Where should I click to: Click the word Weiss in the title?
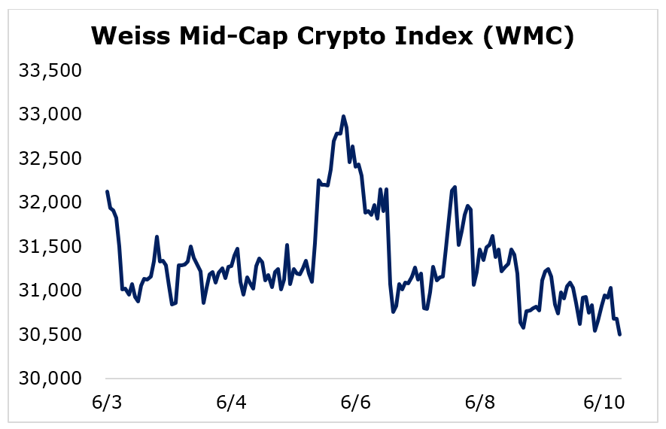[x=130, y=35]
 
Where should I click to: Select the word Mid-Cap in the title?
[x=233, y=37]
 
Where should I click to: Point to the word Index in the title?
[x=433, y=35]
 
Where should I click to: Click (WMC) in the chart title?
[x=529, y=37]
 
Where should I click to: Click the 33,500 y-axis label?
[x=50, y=71]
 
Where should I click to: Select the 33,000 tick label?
[x=50, y=114]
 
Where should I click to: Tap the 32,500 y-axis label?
[x=50, y=159]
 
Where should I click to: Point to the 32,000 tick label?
[x=50, y=202]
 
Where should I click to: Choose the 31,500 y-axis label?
[x=50, y=247]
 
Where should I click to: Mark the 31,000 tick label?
[x=50, y=291]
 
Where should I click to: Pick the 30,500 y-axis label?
[x=50, y=335]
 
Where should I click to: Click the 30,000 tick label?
[x=50, y=379]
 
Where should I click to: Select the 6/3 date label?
[x=107, y=402]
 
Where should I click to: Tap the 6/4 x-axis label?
[x=231, y=402]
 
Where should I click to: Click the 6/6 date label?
[x=355, y=402]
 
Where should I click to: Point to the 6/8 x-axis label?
[x=480, y=402]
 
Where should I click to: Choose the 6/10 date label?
[x=604, y=402]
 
